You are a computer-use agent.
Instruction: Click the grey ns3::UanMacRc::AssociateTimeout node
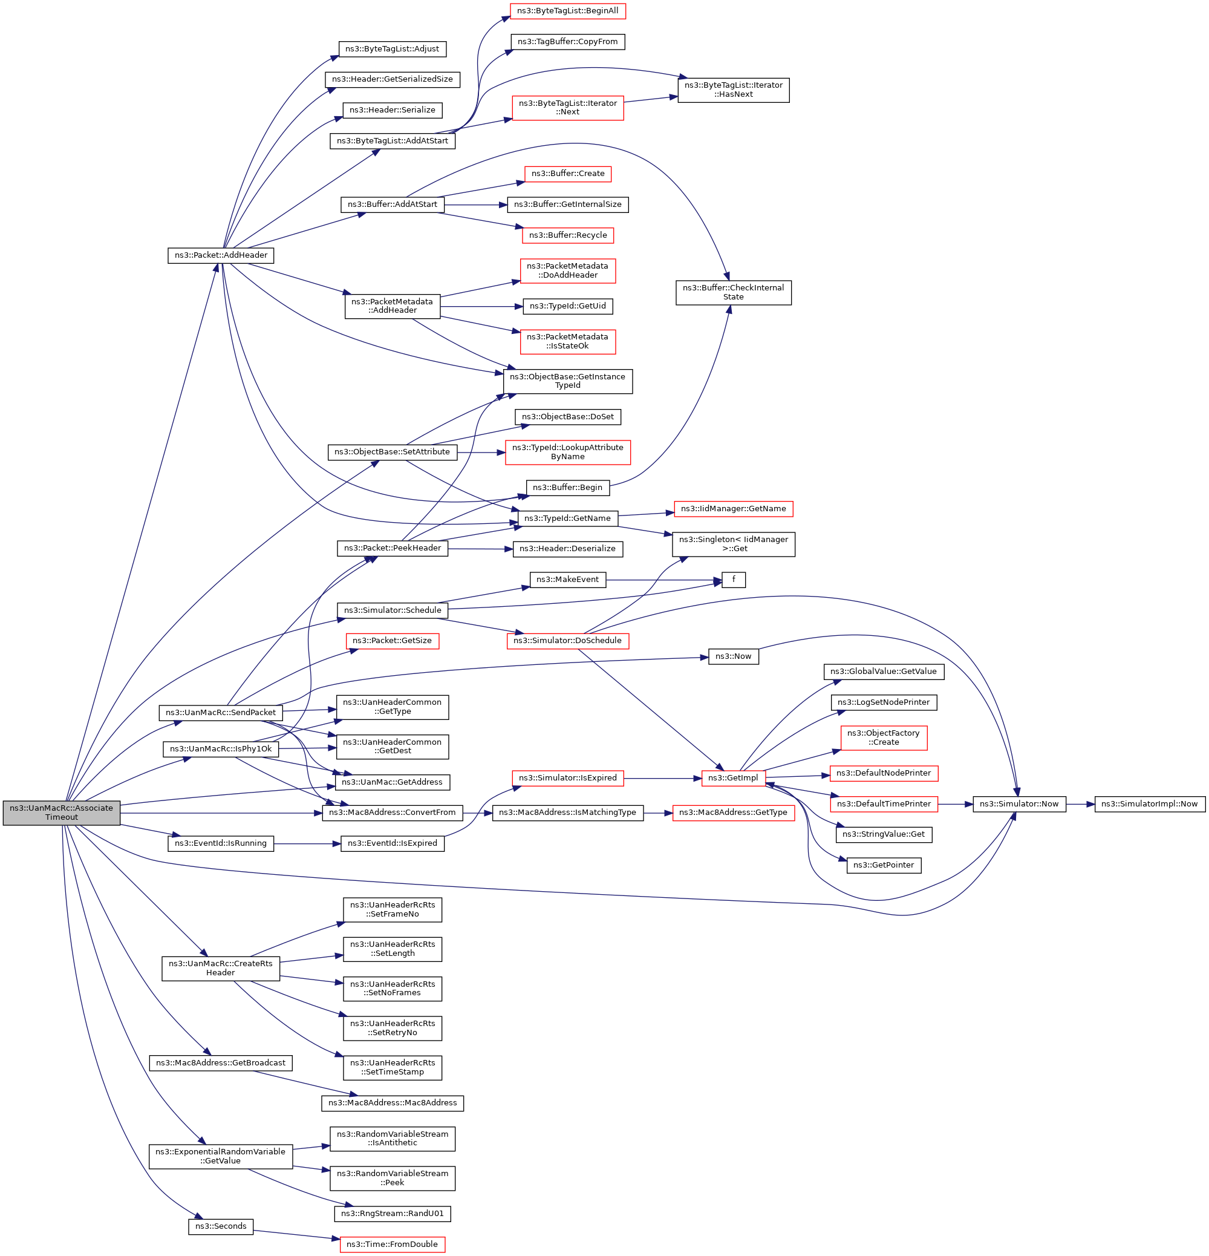(62, 812)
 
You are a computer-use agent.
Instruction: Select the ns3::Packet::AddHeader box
(221, 255)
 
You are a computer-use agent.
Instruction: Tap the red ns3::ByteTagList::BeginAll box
(568, 11)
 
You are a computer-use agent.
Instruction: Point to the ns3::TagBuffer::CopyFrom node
(568, 42)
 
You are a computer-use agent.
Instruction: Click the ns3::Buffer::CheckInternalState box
(733, 292)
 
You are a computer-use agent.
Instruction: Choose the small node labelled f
(734, 580)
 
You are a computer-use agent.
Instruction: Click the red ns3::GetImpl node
(733, 778)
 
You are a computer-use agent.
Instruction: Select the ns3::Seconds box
(221, 1226)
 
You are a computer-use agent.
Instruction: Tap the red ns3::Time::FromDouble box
(392, 1244)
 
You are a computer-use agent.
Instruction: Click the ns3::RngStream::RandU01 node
(392, 1213)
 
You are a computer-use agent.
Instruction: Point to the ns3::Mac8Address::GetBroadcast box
(221, 1062)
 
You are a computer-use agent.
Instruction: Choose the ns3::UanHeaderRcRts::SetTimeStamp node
(392, 1067)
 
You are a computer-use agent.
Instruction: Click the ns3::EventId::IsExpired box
(392, 843)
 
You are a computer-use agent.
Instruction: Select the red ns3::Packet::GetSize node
(392, 641)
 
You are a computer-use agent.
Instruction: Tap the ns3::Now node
(733, 656)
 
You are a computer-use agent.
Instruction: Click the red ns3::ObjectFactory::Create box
(884, 738)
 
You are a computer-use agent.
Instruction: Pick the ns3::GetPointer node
(884, 865)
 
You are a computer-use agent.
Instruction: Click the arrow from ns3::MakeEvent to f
(663, 580)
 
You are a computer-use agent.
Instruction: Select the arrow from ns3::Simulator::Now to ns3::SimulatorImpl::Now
(1080, 803)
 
